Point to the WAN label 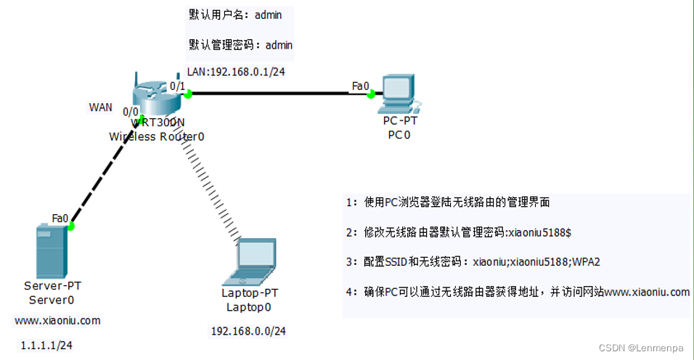[x=100, y=107]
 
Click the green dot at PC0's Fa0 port [x=371, y=93]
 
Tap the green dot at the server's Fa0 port [x=71, y=226]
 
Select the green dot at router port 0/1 [x=187, y=92]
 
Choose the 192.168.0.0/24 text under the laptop [x=248, y=331]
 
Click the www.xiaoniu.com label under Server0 [x=57, y=320]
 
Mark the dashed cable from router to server [x=107, y=172]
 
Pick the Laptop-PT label [x=249, y=293]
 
